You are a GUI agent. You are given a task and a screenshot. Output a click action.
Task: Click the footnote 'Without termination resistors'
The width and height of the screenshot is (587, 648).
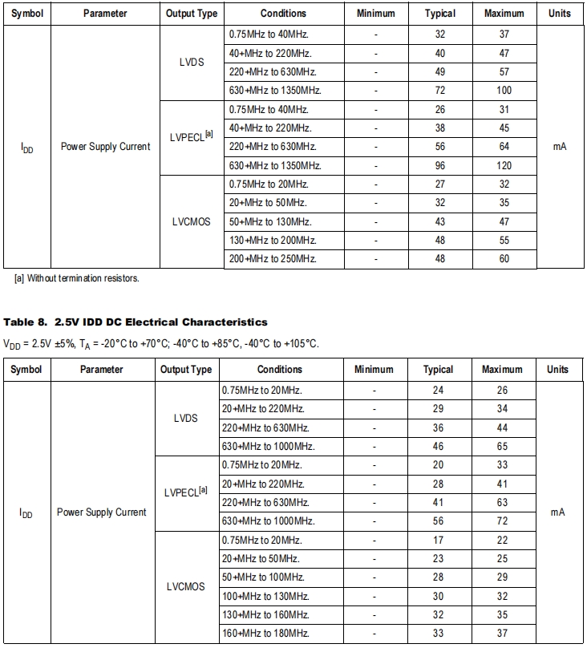[x=77, y=278]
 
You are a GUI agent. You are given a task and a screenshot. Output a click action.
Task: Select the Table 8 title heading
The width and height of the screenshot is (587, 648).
[x=136, y=322]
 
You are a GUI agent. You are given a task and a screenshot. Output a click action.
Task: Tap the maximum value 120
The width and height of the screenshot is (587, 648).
[x=504, y=165]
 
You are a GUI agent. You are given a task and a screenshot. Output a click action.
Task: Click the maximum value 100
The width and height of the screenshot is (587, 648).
[x=504, y=91]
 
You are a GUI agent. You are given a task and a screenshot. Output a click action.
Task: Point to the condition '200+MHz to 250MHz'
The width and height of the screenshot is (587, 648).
[x=273, y=258]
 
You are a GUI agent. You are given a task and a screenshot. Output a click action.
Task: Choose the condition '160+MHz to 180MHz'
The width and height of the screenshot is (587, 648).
[x=265, y=633]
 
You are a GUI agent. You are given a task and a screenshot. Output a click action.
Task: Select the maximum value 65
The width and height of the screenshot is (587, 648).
[x=502, y=447]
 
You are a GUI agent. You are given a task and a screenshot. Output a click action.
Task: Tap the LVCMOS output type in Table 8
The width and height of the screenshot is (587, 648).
[x=186, y=586]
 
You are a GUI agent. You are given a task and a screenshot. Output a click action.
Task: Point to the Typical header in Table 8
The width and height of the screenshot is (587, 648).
[x=438, y=370]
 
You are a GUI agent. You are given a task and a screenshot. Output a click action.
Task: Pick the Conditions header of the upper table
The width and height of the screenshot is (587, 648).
[x=283, y=14]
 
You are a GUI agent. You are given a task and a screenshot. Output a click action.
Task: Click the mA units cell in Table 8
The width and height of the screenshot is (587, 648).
[x=558, y=512]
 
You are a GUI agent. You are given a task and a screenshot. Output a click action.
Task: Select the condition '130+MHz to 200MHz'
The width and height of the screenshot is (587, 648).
[x=273, y=240]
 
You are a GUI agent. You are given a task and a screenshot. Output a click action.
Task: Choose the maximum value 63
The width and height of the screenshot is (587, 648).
[x=502, y=503]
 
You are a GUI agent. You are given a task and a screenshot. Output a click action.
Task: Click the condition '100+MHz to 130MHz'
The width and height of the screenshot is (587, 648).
[x=265, y=596]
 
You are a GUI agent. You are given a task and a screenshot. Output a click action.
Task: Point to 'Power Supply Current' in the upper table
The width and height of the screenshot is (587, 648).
[x=105, y=147]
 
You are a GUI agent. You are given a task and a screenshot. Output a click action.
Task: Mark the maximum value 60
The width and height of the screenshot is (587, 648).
[x=504, y=258]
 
